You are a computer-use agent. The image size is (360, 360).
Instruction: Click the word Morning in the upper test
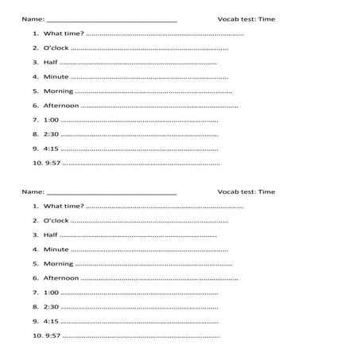pos(58,91)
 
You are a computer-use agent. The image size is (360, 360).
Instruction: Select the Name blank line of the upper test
pos(112,20)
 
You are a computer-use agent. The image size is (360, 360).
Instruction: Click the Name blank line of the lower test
pos(112,192)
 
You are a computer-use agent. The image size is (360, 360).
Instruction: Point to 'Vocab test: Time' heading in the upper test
pos(246,18)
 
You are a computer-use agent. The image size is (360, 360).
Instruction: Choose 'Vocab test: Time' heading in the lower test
pos(246,192)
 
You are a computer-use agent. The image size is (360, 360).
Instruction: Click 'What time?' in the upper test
pos(64,34)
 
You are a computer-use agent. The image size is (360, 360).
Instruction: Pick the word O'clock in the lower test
pos(56,220)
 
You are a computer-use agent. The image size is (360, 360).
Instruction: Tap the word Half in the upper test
pos(51,63)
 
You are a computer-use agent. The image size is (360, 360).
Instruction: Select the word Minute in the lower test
pos(56,249)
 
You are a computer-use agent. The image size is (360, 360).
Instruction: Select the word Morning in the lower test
pos(58,263)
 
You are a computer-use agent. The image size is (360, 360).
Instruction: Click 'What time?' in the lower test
pos(64,207)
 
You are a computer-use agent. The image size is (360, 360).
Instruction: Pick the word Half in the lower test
pos(51,235)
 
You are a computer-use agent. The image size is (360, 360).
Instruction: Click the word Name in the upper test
pos(33,18)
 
